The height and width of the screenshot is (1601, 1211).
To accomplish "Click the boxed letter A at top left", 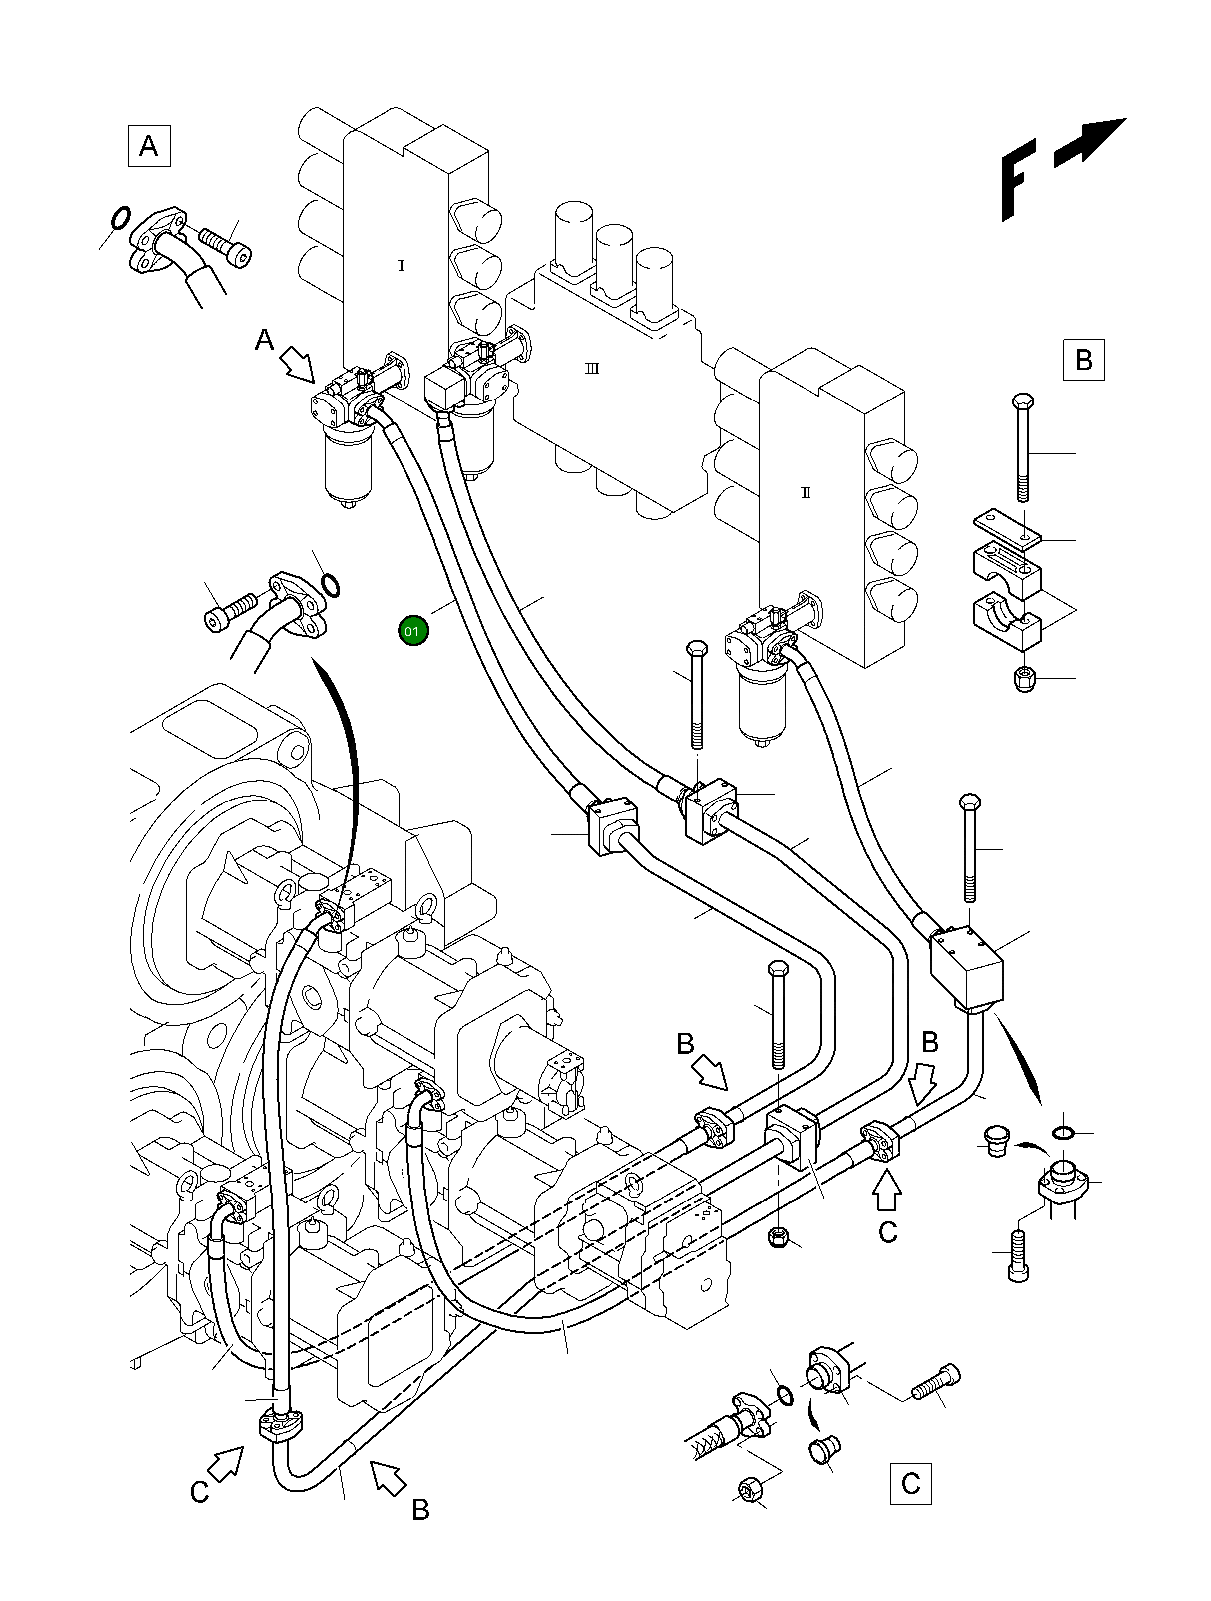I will [x=149, y=146].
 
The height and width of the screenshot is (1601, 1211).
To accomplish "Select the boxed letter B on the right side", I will [x=1084, y=360].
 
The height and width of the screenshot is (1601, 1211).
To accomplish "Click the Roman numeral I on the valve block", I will [x=401, y=266].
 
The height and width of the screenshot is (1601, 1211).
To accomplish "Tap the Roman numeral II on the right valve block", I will [x=806, y=493].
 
